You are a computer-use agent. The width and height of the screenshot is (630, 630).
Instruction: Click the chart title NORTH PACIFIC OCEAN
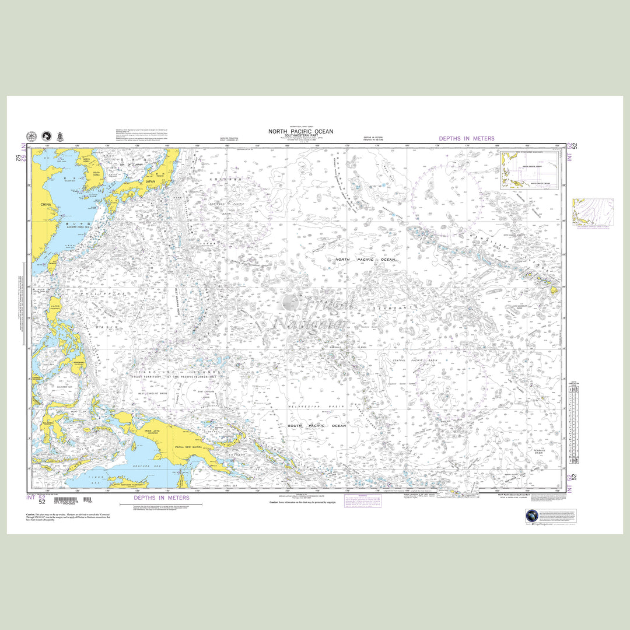click(300, 132)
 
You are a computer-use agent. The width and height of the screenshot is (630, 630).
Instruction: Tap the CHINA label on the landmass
click(45, 205)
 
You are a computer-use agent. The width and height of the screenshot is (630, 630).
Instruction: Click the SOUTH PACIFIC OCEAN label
click(317, 426)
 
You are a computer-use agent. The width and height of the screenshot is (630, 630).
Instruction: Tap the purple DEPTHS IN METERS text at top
click(466, 139)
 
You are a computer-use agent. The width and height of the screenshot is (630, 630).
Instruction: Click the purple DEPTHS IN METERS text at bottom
click(162, 498)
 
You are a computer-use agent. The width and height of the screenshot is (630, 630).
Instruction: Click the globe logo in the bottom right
click(532, 516)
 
